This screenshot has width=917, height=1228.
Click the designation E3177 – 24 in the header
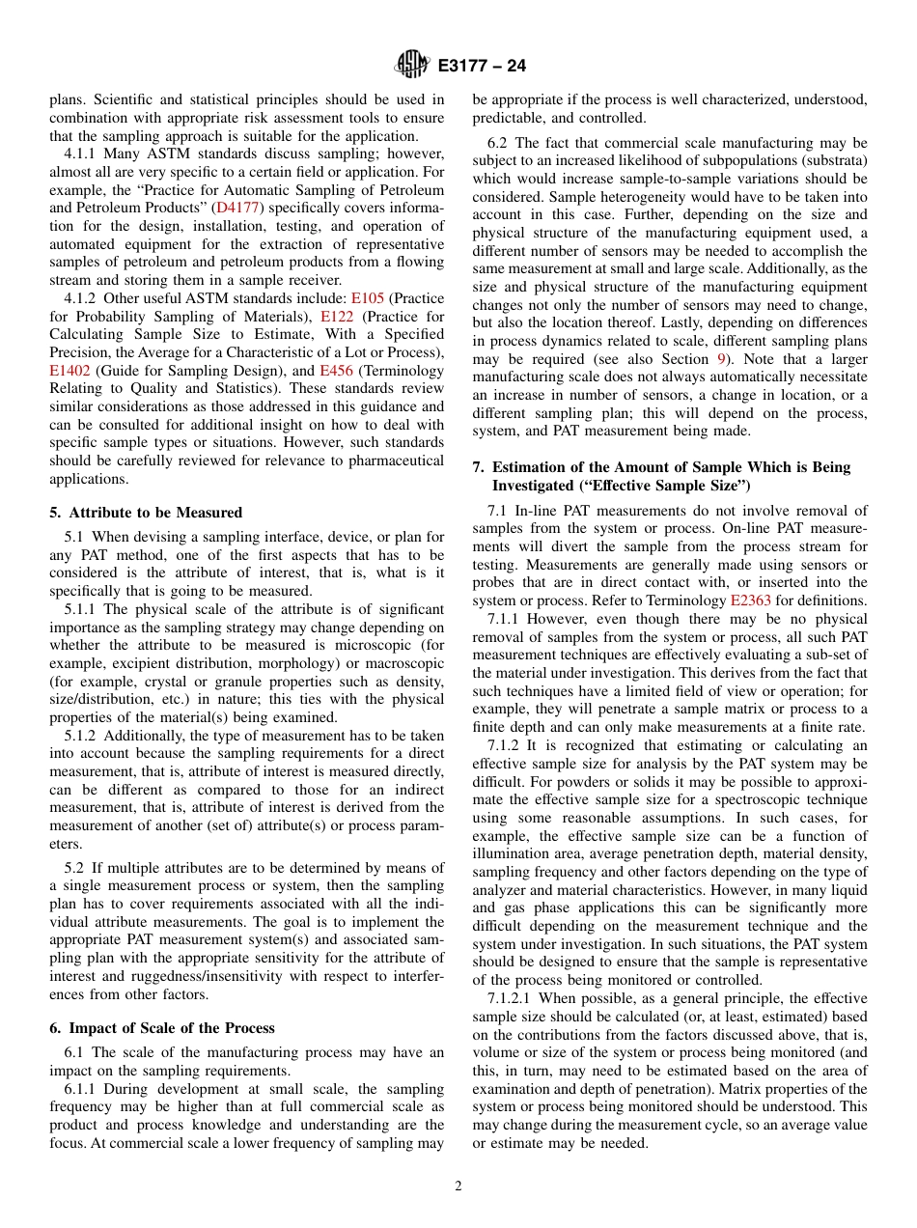[482, 67]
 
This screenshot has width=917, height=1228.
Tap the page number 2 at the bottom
[458, 1186]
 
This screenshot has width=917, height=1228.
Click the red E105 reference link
[367, 298]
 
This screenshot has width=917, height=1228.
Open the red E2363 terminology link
[750, 600]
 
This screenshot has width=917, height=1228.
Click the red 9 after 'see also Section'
[720, 358]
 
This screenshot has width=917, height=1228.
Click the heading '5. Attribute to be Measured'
[146, 513]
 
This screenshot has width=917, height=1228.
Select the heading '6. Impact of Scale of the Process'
[162, 1028]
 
